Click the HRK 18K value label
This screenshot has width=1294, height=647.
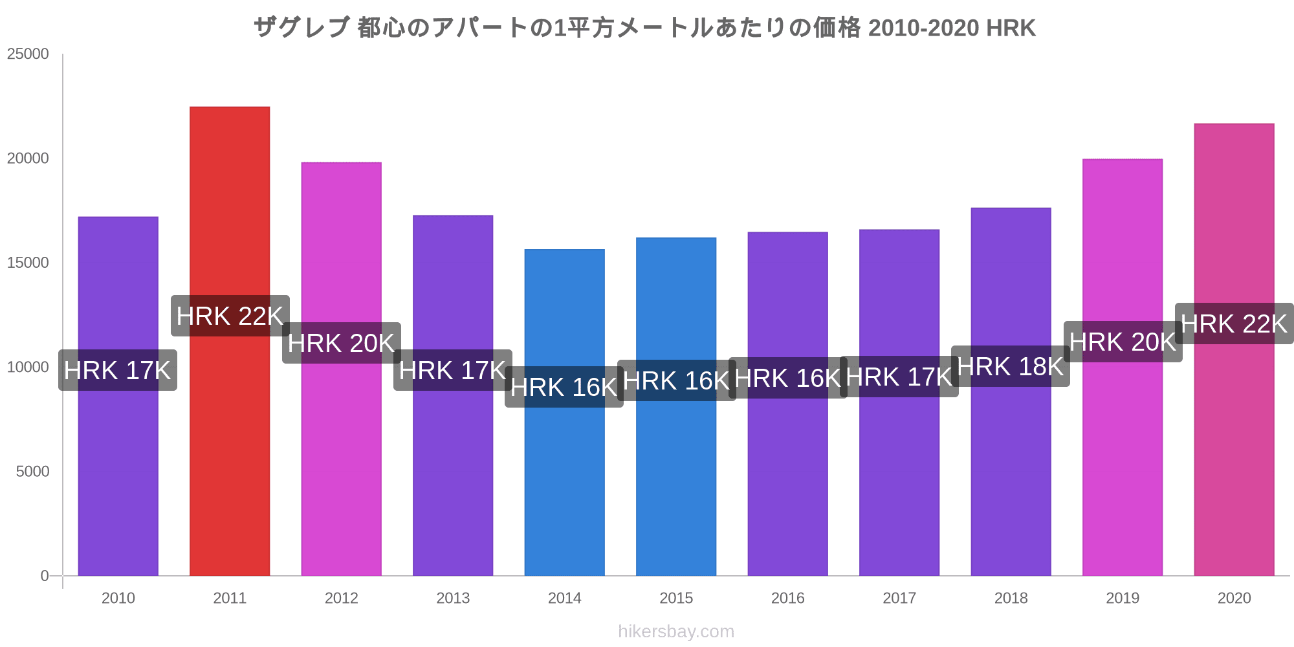[x=1011, y=367]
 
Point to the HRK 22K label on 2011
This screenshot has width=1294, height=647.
[x=230, y=316]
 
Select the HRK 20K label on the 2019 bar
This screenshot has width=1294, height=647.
[x=1123, y=342]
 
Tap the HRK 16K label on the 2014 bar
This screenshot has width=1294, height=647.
[x=564, y=387]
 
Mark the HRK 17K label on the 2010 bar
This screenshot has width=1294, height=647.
[x=118, y=370]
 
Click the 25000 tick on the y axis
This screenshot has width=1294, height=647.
[x=28, y=54]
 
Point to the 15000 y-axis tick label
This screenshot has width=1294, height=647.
[x=28, y=263]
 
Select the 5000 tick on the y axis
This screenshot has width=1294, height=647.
[x=32, y=472]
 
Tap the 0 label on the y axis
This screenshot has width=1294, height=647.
[x=45, y=576]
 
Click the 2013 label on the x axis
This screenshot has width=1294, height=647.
[x=453, y=598]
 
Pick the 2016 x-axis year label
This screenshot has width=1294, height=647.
[x=787, y=598]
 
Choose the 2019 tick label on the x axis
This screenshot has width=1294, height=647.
[x=1123, y=598]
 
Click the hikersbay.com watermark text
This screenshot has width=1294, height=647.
[x=676, y=631]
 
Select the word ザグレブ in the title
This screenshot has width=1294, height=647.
[x=302, y=28]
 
